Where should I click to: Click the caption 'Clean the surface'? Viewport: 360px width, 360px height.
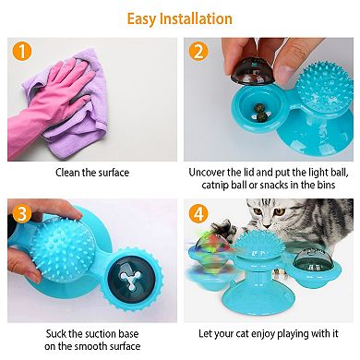point(90,173)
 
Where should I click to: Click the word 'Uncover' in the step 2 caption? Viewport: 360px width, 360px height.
point(210,173)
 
